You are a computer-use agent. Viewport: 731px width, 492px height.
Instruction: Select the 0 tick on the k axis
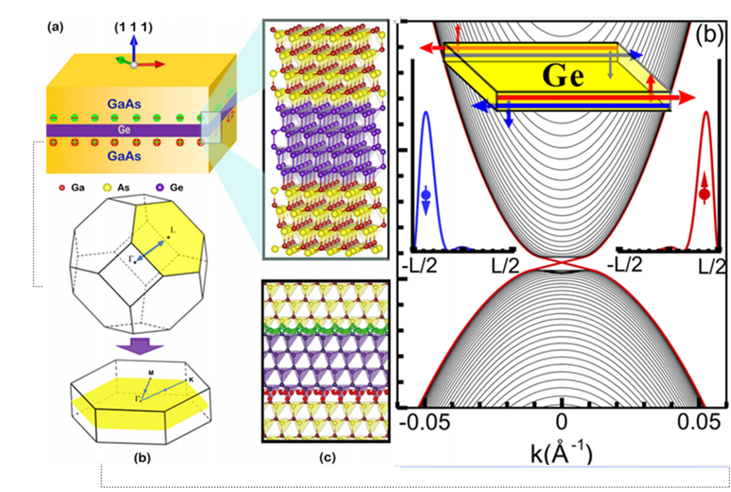pos(561,420)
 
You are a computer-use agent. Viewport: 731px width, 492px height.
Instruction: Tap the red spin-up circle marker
pos(705,191)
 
